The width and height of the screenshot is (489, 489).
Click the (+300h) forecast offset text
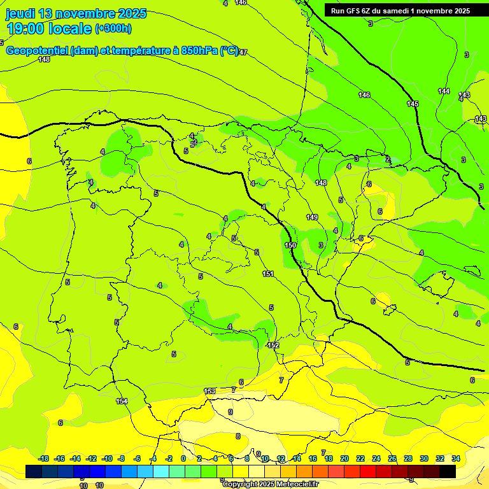113,29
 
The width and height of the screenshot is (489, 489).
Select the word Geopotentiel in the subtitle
36,51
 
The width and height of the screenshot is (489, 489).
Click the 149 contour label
312,217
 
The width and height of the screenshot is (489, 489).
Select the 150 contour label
290,245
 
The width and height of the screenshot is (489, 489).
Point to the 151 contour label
268,274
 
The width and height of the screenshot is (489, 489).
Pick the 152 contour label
273,345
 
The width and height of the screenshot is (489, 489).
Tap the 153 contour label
209,391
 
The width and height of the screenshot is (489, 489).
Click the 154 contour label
122,401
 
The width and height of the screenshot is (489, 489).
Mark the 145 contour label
413,104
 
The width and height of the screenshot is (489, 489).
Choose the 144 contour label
444,91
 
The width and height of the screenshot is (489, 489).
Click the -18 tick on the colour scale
43,458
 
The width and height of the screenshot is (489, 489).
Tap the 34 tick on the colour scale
456,458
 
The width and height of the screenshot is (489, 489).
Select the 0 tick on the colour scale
183,458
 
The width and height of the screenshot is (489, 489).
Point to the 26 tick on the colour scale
392,458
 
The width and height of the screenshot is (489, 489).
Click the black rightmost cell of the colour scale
448,471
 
